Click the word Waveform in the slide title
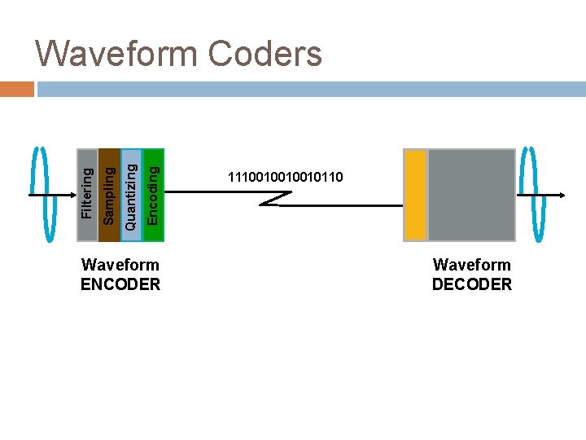tap(116, 55)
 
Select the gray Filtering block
tap(87, 195)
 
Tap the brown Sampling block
tap(109, 195)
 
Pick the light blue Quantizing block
tap(131, 195)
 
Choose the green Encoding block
tap(153, 195)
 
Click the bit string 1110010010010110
tap(286, 177)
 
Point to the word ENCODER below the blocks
tap(120, 284)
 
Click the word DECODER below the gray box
tap(472, 284)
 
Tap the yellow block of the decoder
tap(416, 195)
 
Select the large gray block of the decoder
tap(471, 195)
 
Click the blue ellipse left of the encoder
tap(41, 195)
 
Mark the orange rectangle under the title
tap(17, 89)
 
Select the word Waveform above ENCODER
tap(120, 265)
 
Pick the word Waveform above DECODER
tap(472, 265)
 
